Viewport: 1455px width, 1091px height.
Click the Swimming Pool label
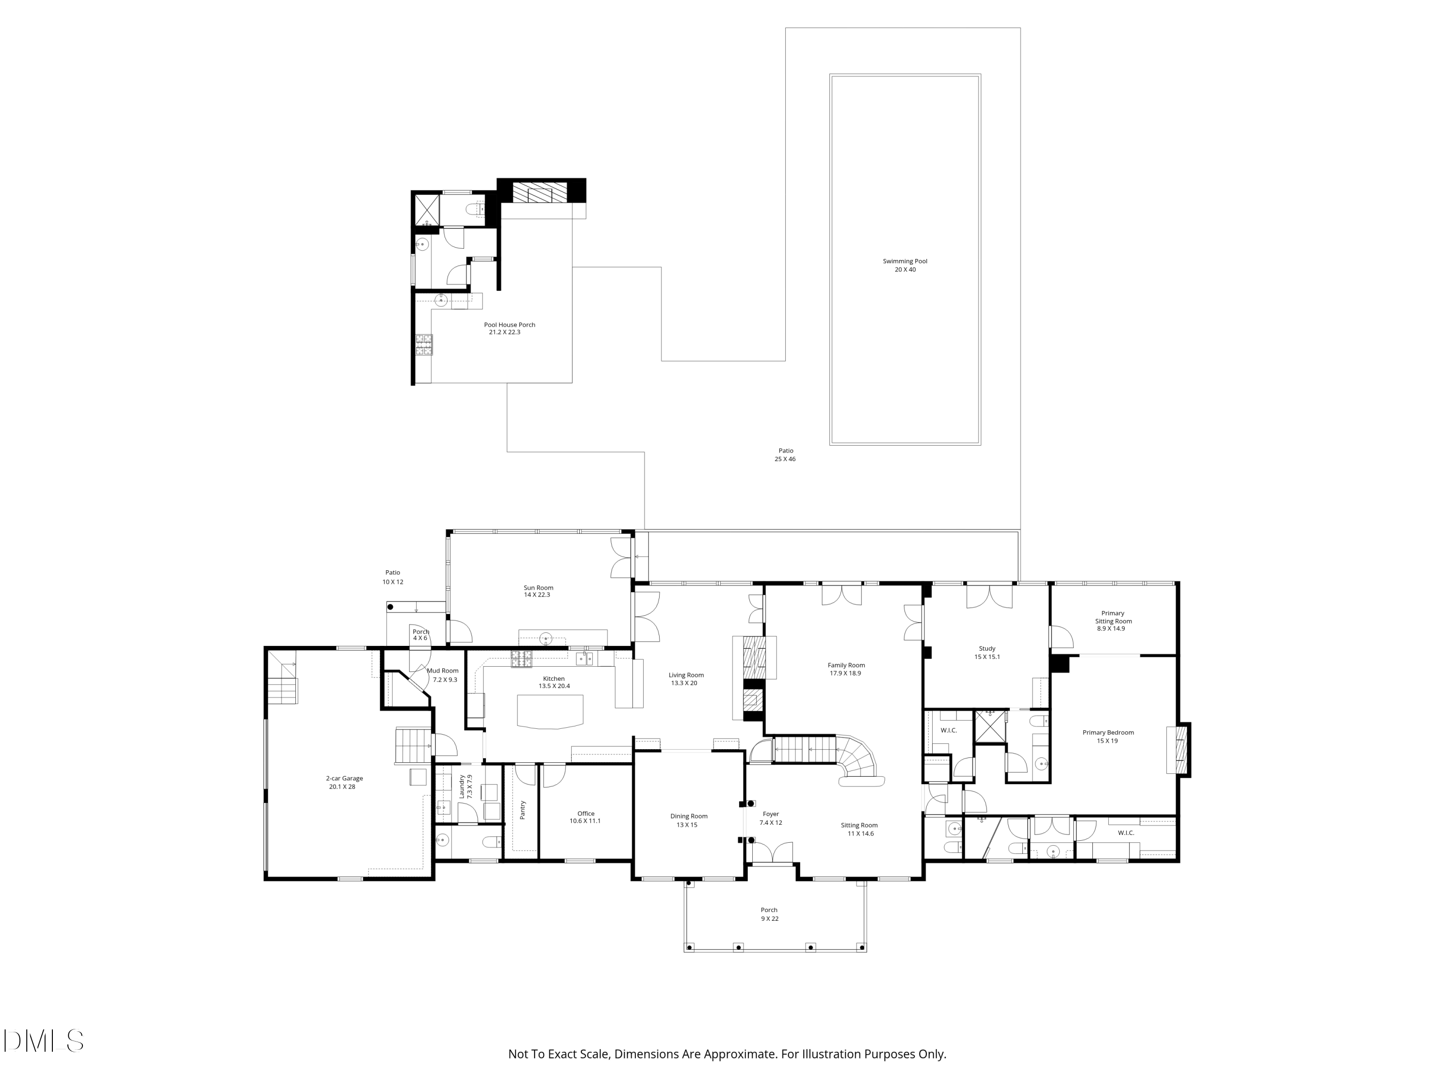pyautogui.click(x=905, y=261)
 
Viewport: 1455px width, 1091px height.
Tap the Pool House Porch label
pyautogui.click(x=509, y=324)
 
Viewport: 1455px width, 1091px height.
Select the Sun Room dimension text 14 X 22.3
pyautogui.click(x=537, y=595)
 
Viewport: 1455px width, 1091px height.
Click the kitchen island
pyautogui.click(x=550, y=711)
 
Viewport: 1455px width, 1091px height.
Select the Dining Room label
pyautogui.click(x=689, y=816)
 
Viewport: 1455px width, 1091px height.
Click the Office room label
pyautogui.click(x=585, y=814)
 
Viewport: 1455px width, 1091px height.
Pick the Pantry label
pyautogui.click(x=523, y=810)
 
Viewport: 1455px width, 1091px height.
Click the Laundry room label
pyautogui.click(x=462, y=786)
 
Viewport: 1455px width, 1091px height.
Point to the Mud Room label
pyautogui.click(x=443, y=671)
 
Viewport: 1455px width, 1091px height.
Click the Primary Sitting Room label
pyautogui.click(x=1113, y=617)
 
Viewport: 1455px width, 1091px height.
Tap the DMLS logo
pyautogui.click(x=44, y=1041)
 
